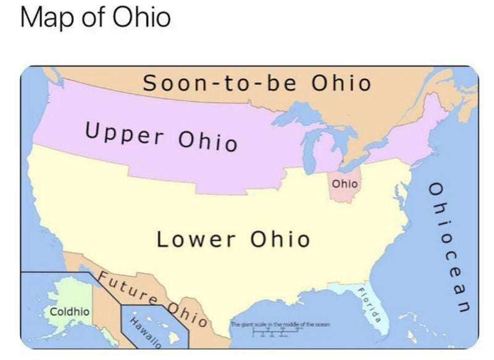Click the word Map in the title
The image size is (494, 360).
click(x=45, y=19)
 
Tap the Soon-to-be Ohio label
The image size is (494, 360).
click(x=257, y=83)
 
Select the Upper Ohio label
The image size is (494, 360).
click(x=161, y=136)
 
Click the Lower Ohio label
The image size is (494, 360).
click(x=233, y=239)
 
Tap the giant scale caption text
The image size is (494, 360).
click(x=281, y=324)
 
